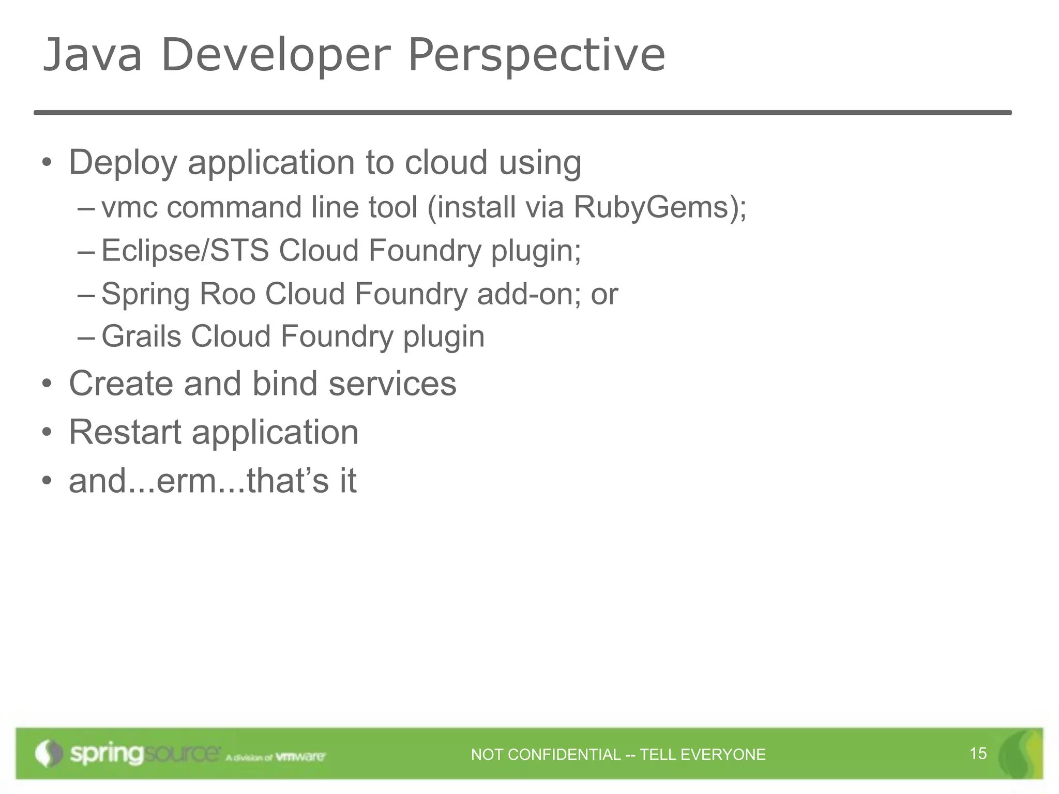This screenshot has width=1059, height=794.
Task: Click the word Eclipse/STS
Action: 185,251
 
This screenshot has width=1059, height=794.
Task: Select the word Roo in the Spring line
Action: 228,294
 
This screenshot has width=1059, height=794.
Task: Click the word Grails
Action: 141,337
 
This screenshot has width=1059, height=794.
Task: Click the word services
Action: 392,384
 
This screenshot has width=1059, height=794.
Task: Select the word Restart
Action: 125,432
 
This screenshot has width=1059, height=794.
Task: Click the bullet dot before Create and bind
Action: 47,385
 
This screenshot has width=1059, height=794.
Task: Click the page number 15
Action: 978,754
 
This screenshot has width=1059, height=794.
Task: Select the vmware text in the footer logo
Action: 300,757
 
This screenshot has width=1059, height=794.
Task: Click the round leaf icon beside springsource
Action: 49,753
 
